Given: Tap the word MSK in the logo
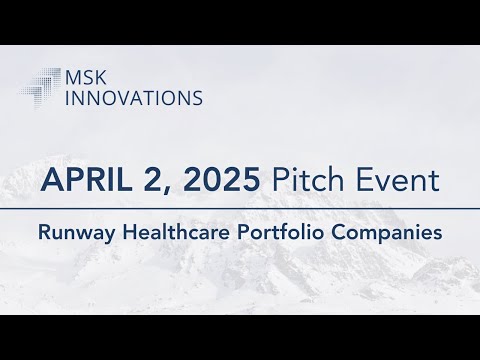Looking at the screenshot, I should pos(83,77).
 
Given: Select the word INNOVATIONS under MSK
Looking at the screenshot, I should pos(133,97).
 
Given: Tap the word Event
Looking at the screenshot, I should pos(400,182).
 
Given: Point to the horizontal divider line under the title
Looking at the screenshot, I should pos(240,209).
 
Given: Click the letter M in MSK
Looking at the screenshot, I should pos(70,77).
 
